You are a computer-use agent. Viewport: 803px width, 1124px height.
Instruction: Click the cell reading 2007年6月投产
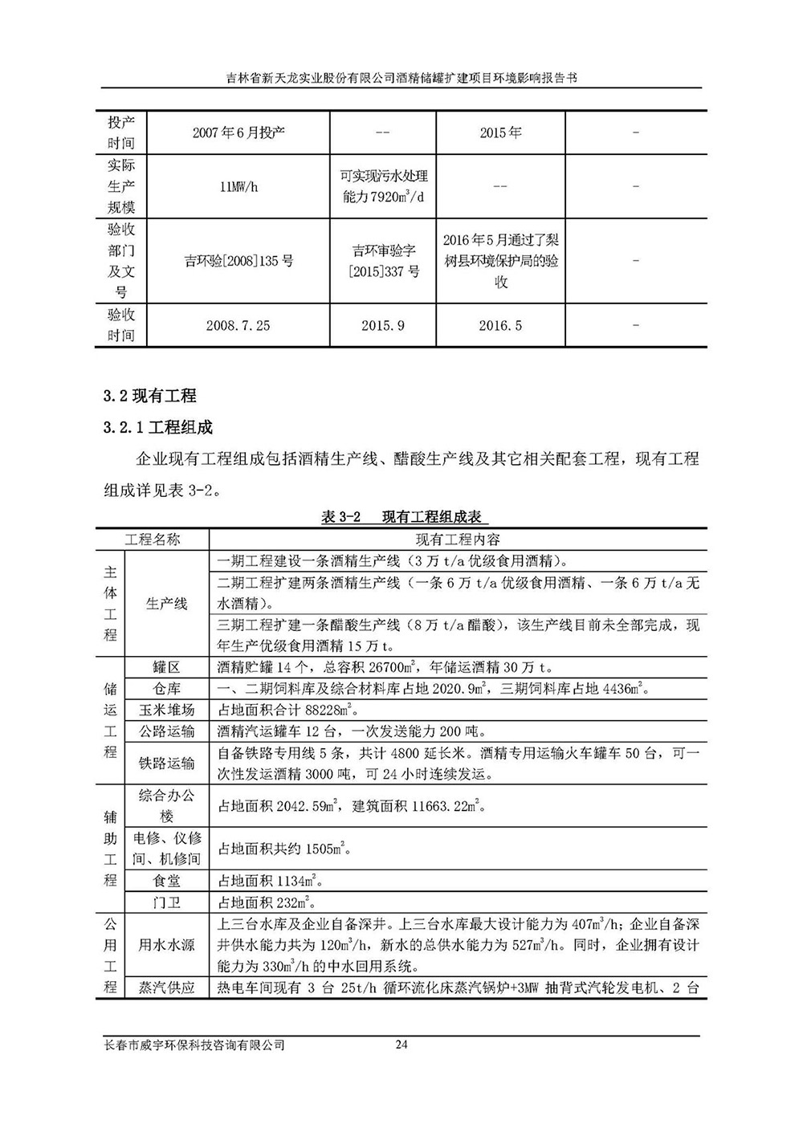pos(238,132)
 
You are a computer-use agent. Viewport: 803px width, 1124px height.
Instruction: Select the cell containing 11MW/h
pos(238,186)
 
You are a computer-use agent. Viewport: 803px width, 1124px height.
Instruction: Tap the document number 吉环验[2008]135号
pos(238,260)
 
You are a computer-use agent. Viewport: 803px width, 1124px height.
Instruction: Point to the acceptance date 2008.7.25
pos(238,325)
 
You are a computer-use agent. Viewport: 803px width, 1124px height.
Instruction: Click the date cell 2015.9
pos(383,325)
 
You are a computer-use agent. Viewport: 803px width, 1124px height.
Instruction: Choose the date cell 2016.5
pos(500,325)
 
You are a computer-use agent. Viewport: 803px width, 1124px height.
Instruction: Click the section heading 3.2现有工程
pos(150,395)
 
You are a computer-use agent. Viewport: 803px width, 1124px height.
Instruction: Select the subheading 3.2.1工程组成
pos(158,426)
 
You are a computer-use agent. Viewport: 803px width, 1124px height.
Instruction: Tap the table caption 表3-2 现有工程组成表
pos(404,516)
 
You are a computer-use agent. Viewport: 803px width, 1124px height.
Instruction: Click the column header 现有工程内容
pos(458,540)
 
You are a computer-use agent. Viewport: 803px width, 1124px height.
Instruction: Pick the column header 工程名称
pos(153,540)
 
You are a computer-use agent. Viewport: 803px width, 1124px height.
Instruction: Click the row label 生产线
pos(167,604)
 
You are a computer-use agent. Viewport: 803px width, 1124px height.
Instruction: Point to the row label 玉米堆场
pos(167,710)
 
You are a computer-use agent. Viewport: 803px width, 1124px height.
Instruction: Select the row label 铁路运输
pos(167,764)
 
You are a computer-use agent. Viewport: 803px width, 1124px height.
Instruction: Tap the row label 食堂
pos(167,881)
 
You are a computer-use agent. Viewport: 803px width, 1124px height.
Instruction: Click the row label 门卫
pos(167,902)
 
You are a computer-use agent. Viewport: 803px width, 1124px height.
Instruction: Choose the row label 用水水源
pos(167,945)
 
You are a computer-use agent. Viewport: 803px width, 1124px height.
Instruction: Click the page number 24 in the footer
pos(402,1045)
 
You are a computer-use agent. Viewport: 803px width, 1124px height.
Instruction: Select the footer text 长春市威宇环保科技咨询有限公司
pos(195,1045)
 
